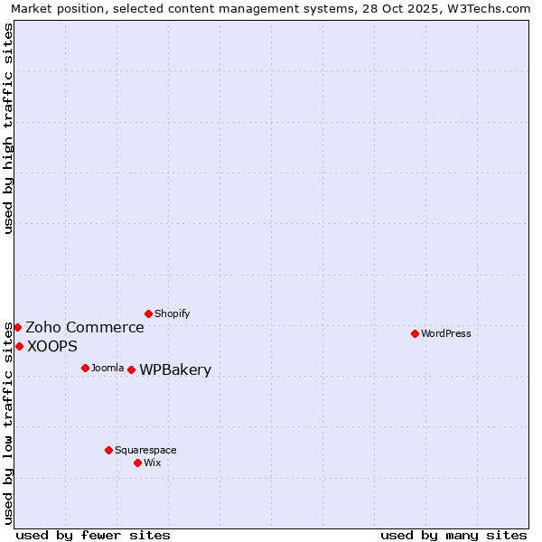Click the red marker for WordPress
tap(415, 333)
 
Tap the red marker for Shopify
tap(148, 313)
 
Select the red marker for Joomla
tap(85, 368)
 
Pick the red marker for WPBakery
tap(131, 369)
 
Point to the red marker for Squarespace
tap(108, 450)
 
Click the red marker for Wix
tap(137, 463)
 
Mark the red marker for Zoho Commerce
tap(17, 327)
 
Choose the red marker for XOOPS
tap(19, 346)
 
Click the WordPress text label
tap(446, 333)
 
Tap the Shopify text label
tap(172, 313)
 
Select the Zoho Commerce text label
tap(84, 327)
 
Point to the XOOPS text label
tap(51, 346)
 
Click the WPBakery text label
tap(175, 369)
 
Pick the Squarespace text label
tap(145, 450)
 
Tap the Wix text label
tap(152, 463)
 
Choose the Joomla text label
tap(107, 368)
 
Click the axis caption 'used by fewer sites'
tap(93, 535)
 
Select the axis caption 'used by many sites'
tap(453, 535)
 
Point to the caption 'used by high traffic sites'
tap(8, 128)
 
